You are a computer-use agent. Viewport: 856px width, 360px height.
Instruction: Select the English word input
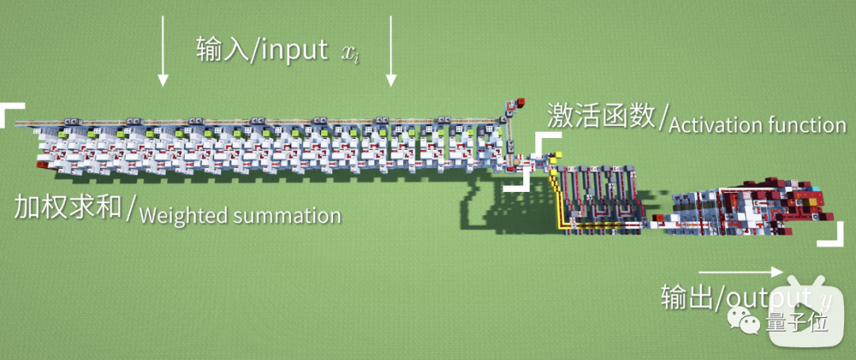289,50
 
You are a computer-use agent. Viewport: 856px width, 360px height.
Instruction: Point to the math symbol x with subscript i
349,53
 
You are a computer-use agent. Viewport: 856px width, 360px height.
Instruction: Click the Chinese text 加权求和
68,207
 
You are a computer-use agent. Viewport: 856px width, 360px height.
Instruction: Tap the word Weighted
180,215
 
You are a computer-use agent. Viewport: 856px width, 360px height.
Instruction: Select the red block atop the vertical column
522,101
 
